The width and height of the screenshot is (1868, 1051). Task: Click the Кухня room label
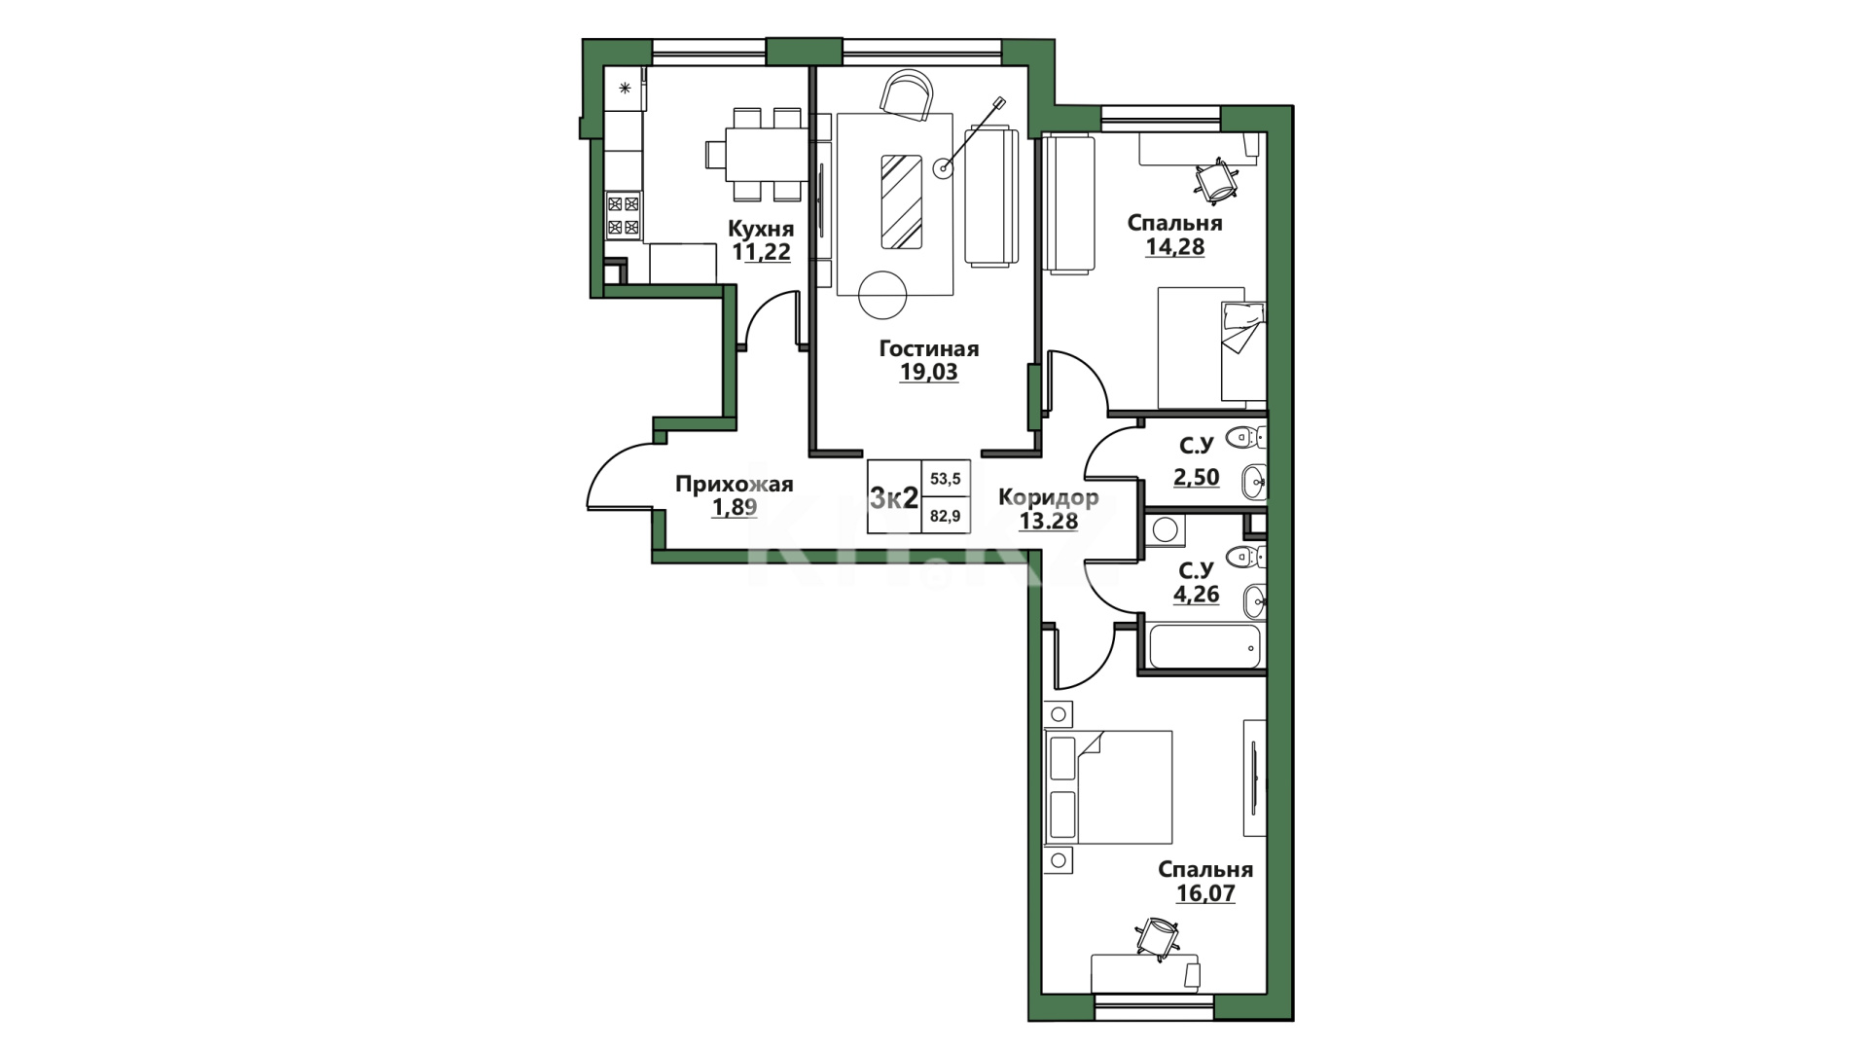pos(761,229)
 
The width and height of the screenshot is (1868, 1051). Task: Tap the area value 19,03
pos(929,372)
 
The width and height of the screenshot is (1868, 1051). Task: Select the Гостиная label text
pos(929,348)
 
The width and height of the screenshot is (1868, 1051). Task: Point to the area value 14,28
pos(1175,247)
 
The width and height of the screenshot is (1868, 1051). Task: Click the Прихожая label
pos(735,484)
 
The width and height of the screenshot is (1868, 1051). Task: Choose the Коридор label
pos(1049,498)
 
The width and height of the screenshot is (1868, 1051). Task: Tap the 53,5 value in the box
pos(945,479)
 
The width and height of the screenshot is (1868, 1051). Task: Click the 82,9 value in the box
pos(945,516)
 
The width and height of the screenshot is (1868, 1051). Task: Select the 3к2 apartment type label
pos(894,498)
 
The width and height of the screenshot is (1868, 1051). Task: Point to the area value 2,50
pos(1196,477)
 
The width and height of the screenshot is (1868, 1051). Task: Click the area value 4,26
pos(1196,594)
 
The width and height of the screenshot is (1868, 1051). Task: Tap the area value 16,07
pos(1205,893)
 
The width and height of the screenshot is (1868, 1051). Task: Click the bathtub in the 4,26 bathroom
pos(1204,646)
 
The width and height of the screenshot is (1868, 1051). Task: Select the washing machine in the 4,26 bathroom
pos(1166,530)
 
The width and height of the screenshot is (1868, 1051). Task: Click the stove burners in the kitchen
pos(623,216)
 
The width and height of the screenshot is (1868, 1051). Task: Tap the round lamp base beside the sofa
pos(943,168)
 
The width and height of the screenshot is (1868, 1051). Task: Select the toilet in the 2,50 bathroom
pos(1244,439)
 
